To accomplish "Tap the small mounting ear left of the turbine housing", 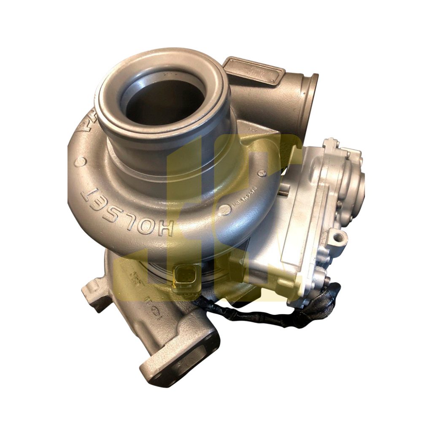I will point(91,294).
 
